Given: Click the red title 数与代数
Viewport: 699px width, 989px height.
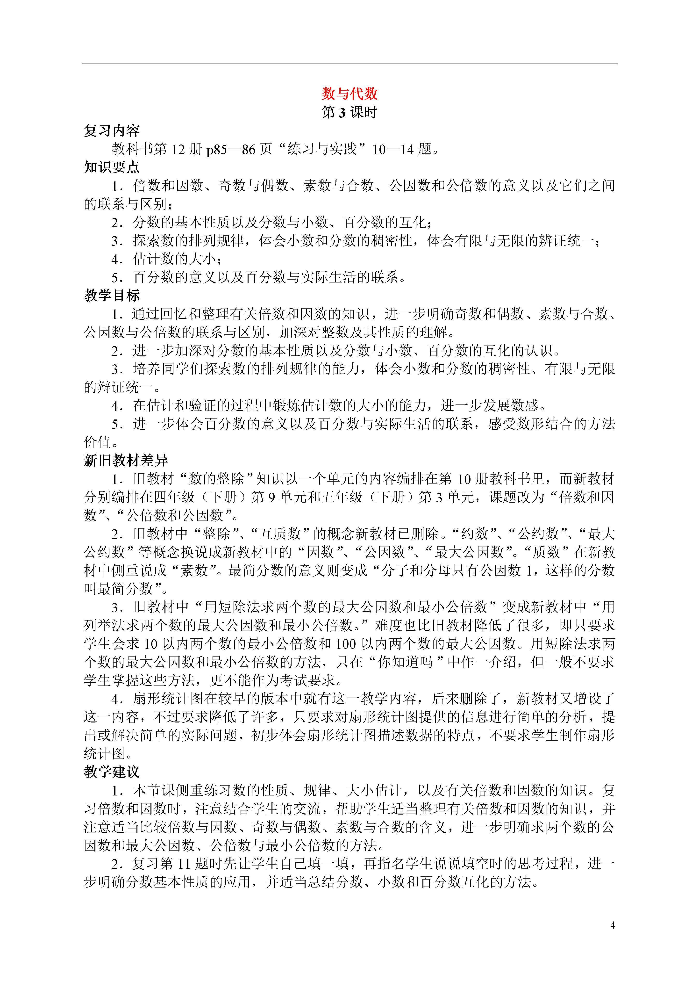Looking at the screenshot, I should click(x=349, y=94).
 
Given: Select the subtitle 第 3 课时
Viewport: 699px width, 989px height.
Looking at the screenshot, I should click(x=349, y=112).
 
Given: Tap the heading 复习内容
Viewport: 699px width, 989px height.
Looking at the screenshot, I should click(x=112, y=130).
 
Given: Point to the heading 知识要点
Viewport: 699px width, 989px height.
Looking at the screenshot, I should click(x=112, y=167).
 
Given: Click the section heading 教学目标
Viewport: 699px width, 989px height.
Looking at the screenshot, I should click(x=112, y=296).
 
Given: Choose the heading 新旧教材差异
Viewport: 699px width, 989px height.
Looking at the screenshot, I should click(x=126, y=461).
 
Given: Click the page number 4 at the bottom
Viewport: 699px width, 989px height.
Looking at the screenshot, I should click(x=613, y=925).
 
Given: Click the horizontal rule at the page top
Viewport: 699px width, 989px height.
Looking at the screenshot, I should click(x=349, y=64).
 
